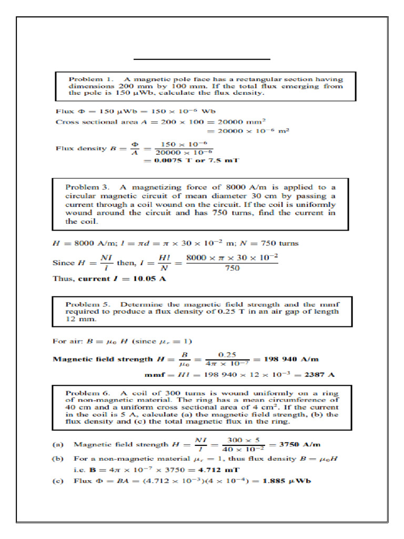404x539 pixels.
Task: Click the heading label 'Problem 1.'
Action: [x=85, y=78]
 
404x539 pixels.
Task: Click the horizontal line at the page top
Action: [x=201, y=59]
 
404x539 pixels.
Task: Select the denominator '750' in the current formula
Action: [x=233, y=267]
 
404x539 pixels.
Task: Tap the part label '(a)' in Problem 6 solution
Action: [x=59, y=445]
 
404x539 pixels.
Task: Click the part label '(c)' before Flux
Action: [x=59, y=481]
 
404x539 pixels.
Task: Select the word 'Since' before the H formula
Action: [x=64, y=262]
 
